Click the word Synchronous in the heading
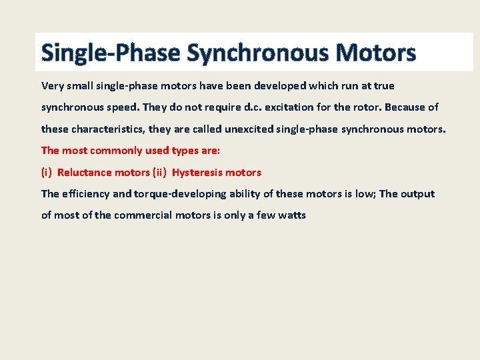pos(259,53)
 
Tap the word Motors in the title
pos(377,53)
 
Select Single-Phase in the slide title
pos(111,53)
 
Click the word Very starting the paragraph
pos(53,86)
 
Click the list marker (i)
pos(47,173)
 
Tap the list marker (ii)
pos(159,173)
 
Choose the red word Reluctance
pos(84,173)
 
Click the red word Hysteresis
pos(197,173)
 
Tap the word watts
pos(291,215)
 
